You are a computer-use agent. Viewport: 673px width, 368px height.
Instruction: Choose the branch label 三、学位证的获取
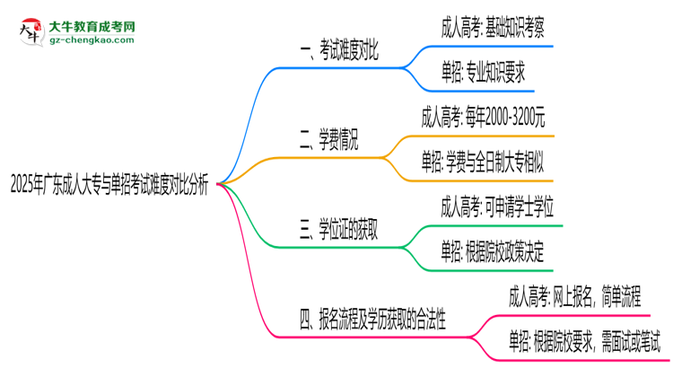[x=338, y=228]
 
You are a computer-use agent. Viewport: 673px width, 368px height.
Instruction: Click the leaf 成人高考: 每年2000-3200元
[x=495, y=116]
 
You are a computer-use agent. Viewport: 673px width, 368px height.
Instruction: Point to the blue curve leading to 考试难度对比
[x=256, y=99]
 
